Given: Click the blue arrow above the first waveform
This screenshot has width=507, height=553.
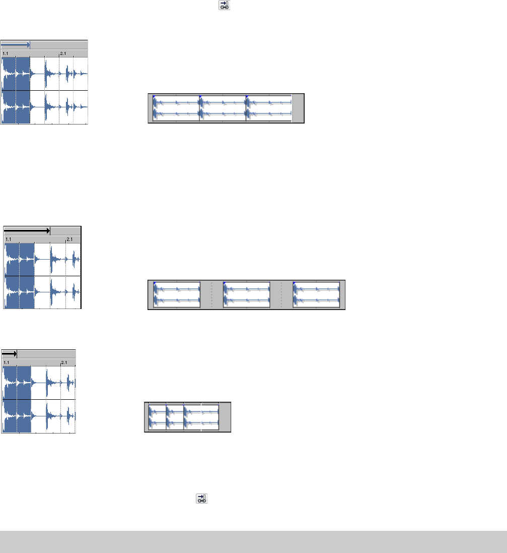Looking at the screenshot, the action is (16, 45).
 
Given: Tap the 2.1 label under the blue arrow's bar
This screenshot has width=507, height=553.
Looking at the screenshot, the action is (63, 53).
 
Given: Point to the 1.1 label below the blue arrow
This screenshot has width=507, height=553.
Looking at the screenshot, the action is (5, 53).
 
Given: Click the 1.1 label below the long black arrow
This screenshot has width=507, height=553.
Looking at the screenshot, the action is (9, 239).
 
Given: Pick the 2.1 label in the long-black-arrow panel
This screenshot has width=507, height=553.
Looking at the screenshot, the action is (69, 239).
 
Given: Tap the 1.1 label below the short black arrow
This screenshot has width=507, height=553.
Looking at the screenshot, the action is (7, 362).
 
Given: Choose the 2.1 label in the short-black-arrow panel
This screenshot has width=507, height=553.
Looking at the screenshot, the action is (64, 362).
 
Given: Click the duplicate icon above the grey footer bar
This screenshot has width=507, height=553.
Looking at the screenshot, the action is (201, 499).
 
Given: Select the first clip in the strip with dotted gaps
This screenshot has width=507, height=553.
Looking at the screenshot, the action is (177, 295).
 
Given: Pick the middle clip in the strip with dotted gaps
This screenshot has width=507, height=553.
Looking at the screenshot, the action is (246, 295).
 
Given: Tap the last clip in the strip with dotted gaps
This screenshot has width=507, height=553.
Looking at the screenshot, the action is (316, 295).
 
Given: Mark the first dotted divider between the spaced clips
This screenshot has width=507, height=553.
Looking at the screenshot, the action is (211, 295).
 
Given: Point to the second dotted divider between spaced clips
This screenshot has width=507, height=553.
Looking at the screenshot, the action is (281, 295).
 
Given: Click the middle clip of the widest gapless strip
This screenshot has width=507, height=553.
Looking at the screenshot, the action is (223, 108).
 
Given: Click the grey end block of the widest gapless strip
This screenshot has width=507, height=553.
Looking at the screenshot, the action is (298, 108).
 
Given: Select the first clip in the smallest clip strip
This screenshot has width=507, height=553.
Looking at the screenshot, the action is (157, 417).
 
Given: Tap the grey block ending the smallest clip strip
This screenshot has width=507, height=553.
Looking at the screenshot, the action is (225, 417).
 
